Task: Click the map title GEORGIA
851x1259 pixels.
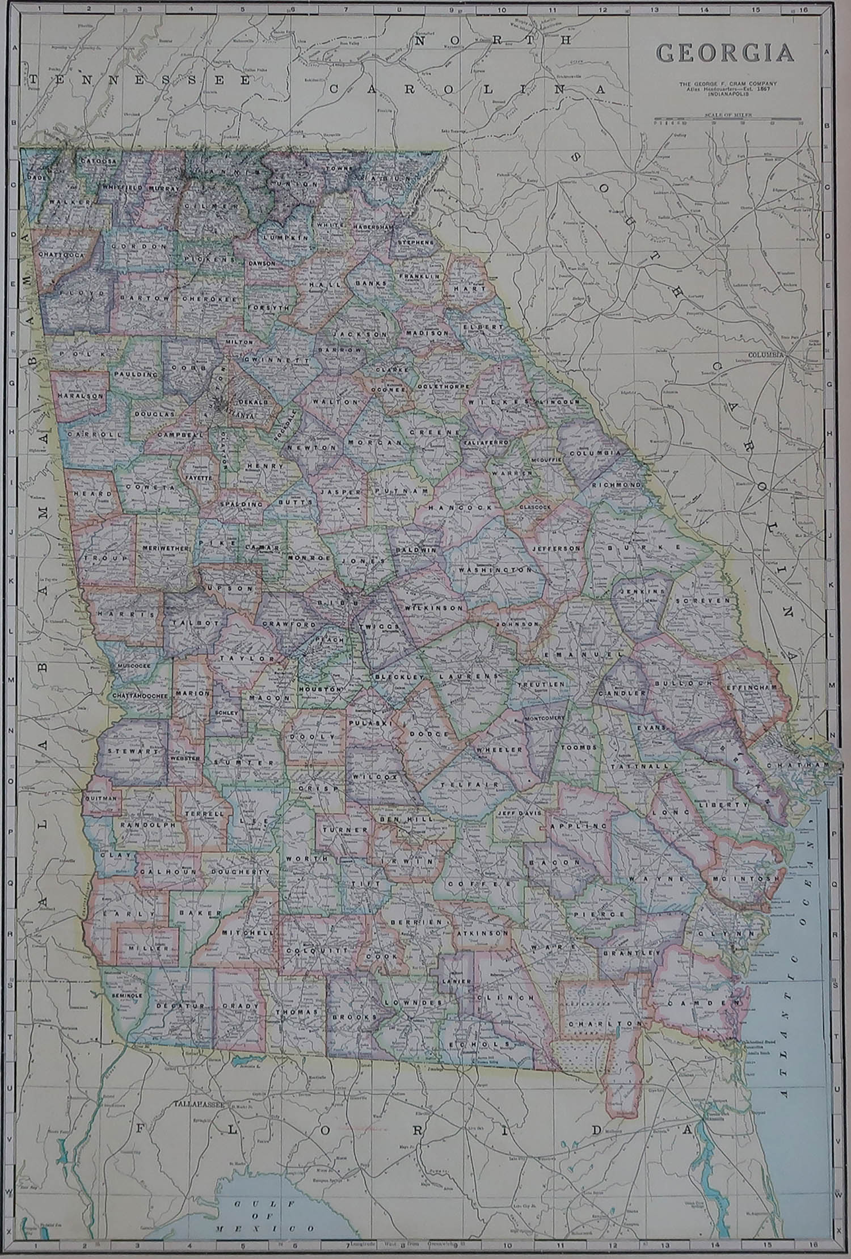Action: point(725,53)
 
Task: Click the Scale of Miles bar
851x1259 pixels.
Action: point(727,120)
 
